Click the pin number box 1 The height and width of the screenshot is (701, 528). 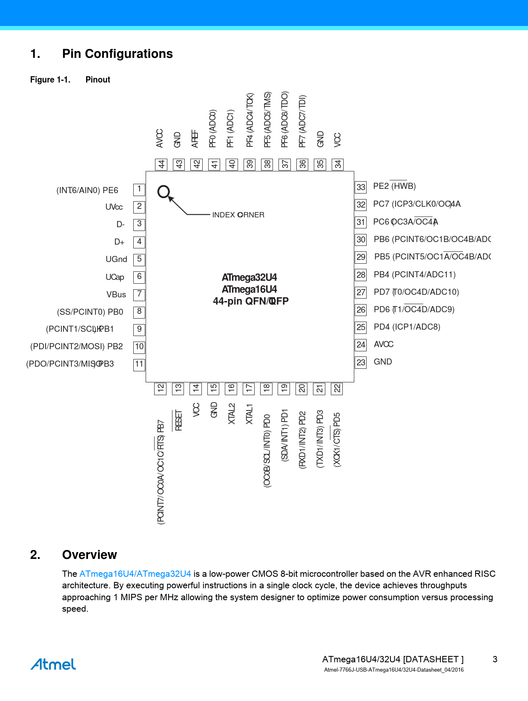click(x=139, y=189)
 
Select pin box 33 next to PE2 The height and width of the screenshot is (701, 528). click(x=361, y=187)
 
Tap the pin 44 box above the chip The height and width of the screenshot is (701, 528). click(x=161, y=164)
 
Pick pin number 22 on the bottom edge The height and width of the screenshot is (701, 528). click(x=337, y=388)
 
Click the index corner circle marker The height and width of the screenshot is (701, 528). click(x=164, y=192)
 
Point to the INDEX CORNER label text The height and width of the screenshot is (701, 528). click(x=238, y=215)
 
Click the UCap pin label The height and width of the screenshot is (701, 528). click(x=115, y=277)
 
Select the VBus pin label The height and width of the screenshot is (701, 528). click(x=116, y=294)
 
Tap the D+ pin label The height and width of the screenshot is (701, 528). click(x=119, y=242)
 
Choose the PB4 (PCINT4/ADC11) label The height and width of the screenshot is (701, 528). click(x=414, y=274)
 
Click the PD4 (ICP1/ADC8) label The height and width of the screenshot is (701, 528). click(x=407, y=327)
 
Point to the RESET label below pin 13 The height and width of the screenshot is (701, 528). click(x=178, y=420)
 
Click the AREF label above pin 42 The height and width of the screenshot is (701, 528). click(x=195, y=139)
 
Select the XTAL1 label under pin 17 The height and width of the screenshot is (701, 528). click(x=249, y=414)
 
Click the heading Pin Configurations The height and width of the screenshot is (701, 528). click(x=117, y=54)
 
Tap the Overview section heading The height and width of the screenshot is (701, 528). click(x=89, y=555)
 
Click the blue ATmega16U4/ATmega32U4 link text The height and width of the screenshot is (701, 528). click(x=135, y=574)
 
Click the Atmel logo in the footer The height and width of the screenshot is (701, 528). click(x=53, y=664)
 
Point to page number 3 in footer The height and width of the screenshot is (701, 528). click(x=495, y=659)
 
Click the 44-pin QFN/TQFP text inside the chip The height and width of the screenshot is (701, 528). click(x=250, y=301)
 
